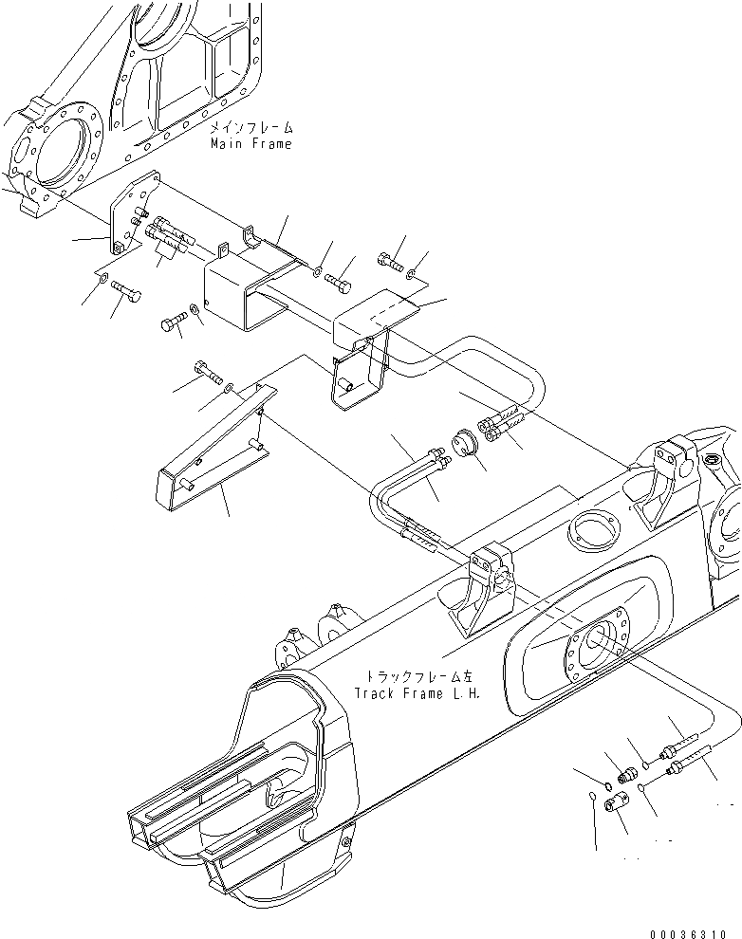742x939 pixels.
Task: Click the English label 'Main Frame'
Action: [x=252, y=144]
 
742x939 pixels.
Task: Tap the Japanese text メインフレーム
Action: [x=252, y=127]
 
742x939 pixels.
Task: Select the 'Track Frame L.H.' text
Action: [x=417, y=692]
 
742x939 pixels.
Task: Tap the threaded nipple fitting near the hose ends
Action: [x=626, y=776]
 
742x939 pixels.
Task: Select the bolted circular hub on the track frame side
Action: [x=594, y=645]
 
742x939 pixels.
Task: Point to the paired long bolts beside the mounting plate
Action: [x=169, y=231]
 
